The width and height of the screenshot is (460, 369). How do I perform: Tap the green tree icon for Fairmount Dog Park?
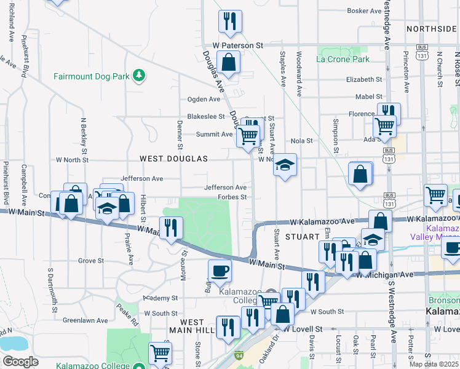coord(140,75)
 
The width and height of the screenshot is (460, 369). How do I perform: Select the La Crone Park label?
coord(343,59)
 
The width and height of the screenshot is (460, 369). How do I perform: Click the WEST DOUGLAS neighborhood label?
coord(173,159)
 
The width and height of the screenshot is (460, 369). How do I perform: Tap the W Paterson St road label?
coord(237,46)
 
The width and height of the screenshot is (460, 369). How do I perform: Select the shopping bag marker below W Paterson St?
coord(228,63)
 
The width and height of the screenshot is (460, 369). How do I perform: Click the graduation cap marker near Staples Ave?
coord(285,165)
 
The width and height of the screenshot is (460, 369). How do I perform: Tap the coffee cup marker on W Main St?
coord(220,270)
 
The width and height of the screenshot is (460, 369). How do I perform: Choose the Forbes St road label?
coord(232,197)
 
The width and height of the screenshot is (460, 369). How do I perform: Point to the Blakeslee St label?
coord(206,116)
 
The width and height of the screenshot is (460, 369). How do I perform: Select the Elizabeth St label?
coord(364,79)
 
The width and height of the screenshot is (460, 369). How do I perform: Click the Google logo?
coord(20,362)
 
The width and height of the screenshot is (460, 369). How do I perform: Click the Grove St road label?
coord(91,261)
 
